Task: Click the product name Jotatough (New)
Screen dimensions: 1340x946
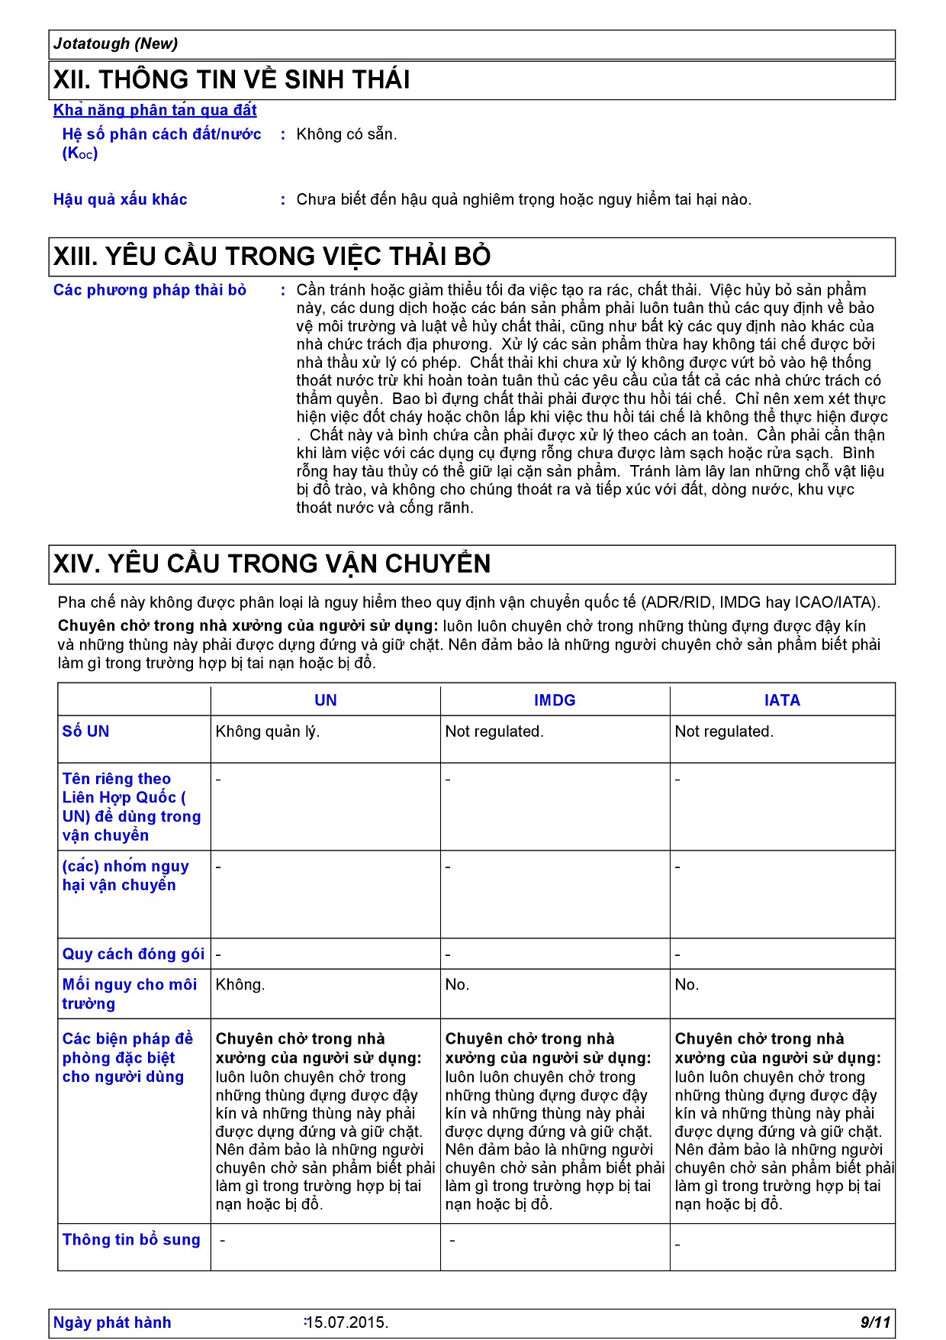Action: click(x=115, y=44)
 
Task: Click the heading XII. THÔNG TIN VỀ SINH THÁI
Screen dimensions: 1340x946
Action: click(x=231, y=79)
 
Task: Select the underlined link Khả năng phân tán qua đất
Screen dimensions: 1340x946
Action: click(x=155, y=110)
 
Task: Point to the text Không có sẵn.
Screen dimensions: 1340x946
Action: click(x=346, y=134)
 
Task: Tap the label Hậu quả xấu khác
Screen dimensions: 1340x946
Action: click(x=120, y=199)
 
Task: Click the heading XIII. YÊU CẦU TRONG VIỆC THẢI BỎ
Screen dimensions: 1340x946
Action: click(x=272, y=256)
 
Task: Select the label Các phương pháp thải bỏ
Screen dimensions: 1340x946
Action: click(x=150, y=290)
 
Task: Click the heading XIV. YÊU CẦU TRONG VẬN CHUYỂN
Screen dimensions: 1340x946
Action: click(x=272, y=563)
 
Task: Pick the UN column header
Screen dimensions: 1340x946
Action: click(x=326, y=700)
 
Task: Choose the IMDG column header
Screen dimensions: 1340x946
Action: click(x=555, y=700)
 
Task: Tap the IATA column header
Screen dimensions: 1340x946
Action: click(x=782, y=700)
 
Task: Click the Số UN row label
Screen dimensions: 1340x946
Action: click(x=85, y=731)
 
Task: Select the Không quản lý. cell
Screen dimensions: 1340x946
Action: click(x=268, y=731)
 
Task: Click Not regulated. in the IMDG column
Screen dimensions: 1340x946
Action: click(x=494, y=731)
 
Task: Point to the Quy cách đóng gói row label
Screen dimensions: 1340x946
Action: click(x=134, y=954)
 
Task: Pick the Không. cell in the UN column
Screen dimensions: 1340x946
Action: click(x=240, y=985)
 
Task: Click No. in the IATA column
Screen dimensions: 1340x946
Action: click(x=687, y=985)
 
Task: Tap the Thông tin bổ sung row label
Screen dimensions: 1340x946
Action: click(x=131, y=1239)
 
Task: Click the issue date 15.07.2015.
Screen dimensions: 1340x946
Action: click(x=347, y=1322)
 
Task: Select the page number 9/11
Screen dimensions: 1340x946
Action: click(x=875, y=1322)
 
